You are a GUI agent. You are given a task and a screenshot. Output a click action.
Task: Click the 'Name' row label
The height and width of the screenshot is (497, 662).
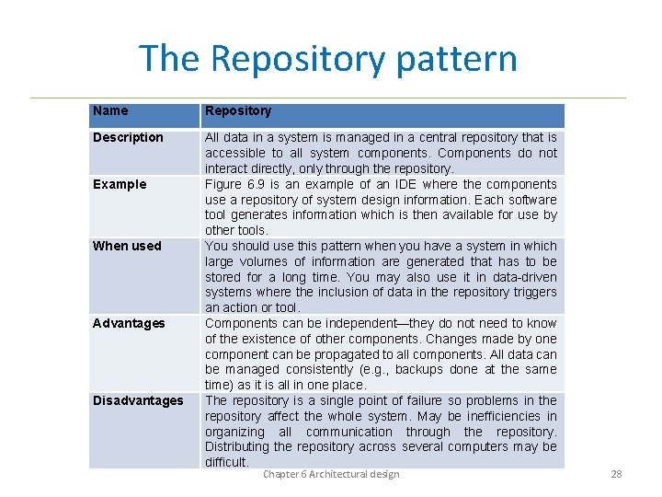point(110,111)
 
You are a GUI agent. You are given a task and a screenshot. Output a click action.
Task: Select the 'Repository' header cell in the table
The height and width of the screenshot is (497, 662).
point(238,111)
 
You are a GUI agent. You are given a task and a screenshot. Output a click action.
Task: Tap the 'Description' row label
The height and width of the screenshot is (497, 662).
point(128,138)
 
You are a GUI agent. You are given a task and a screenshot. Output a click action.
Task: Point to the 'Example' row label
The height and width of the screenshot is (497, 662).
point(120,184)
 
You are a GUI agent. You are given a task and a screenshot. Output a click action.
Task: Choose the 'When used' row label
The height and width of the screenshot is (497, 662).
point(127,246)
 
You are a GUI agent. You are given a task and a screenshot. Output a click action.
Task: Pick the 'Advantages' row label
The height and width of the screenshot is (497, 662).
point(129,323)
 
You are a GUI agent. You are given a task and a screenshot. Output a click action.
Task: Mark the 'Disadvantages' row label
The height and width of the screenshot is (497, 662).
point(138,400)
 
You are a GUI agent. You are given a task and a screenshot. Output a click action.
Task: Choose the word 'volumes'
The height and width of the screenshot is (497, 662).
point(260,261)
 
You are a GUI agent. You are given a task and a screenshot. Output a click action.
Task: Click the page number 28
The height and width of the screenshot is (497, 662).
point(616,475)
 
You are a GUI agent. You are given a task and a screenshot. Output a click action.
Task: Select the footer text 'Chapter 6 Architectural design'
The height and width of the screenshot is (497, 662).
point(331,475)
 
